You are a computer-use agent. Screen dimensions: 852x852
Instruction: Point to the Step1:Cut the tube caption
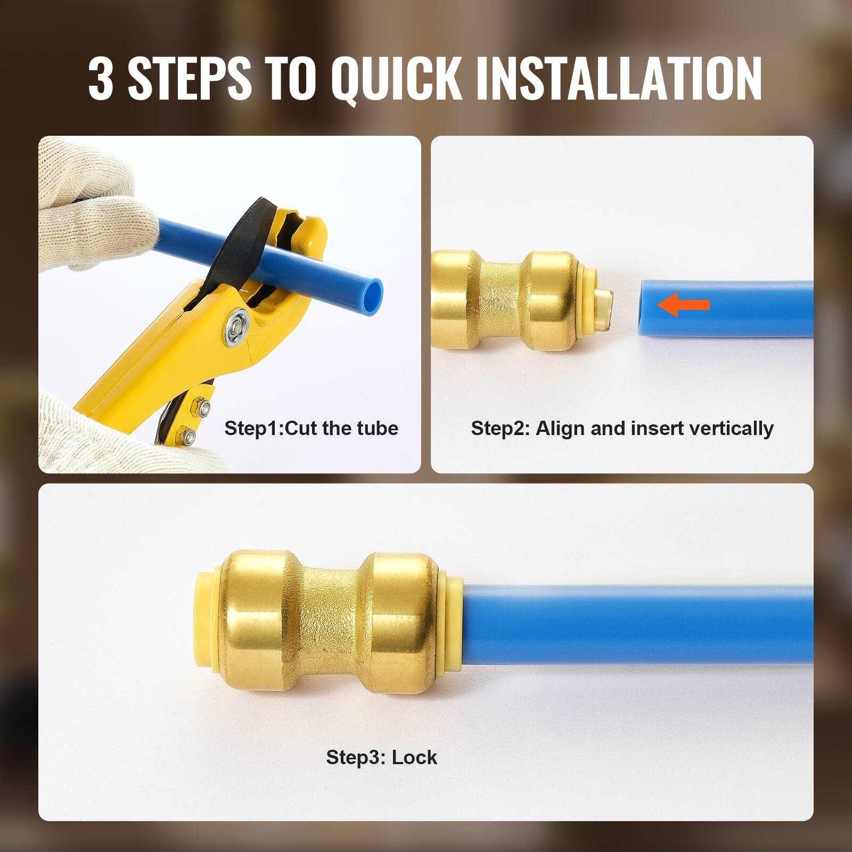311,428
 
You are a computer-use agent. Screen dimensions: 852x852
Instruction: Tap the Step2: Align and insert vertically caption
622,428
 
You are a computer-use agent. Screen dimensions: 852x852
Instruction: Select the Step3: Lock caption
381,757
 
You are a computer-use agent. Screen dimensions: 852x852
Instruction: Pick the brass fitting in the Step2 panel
506,300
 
